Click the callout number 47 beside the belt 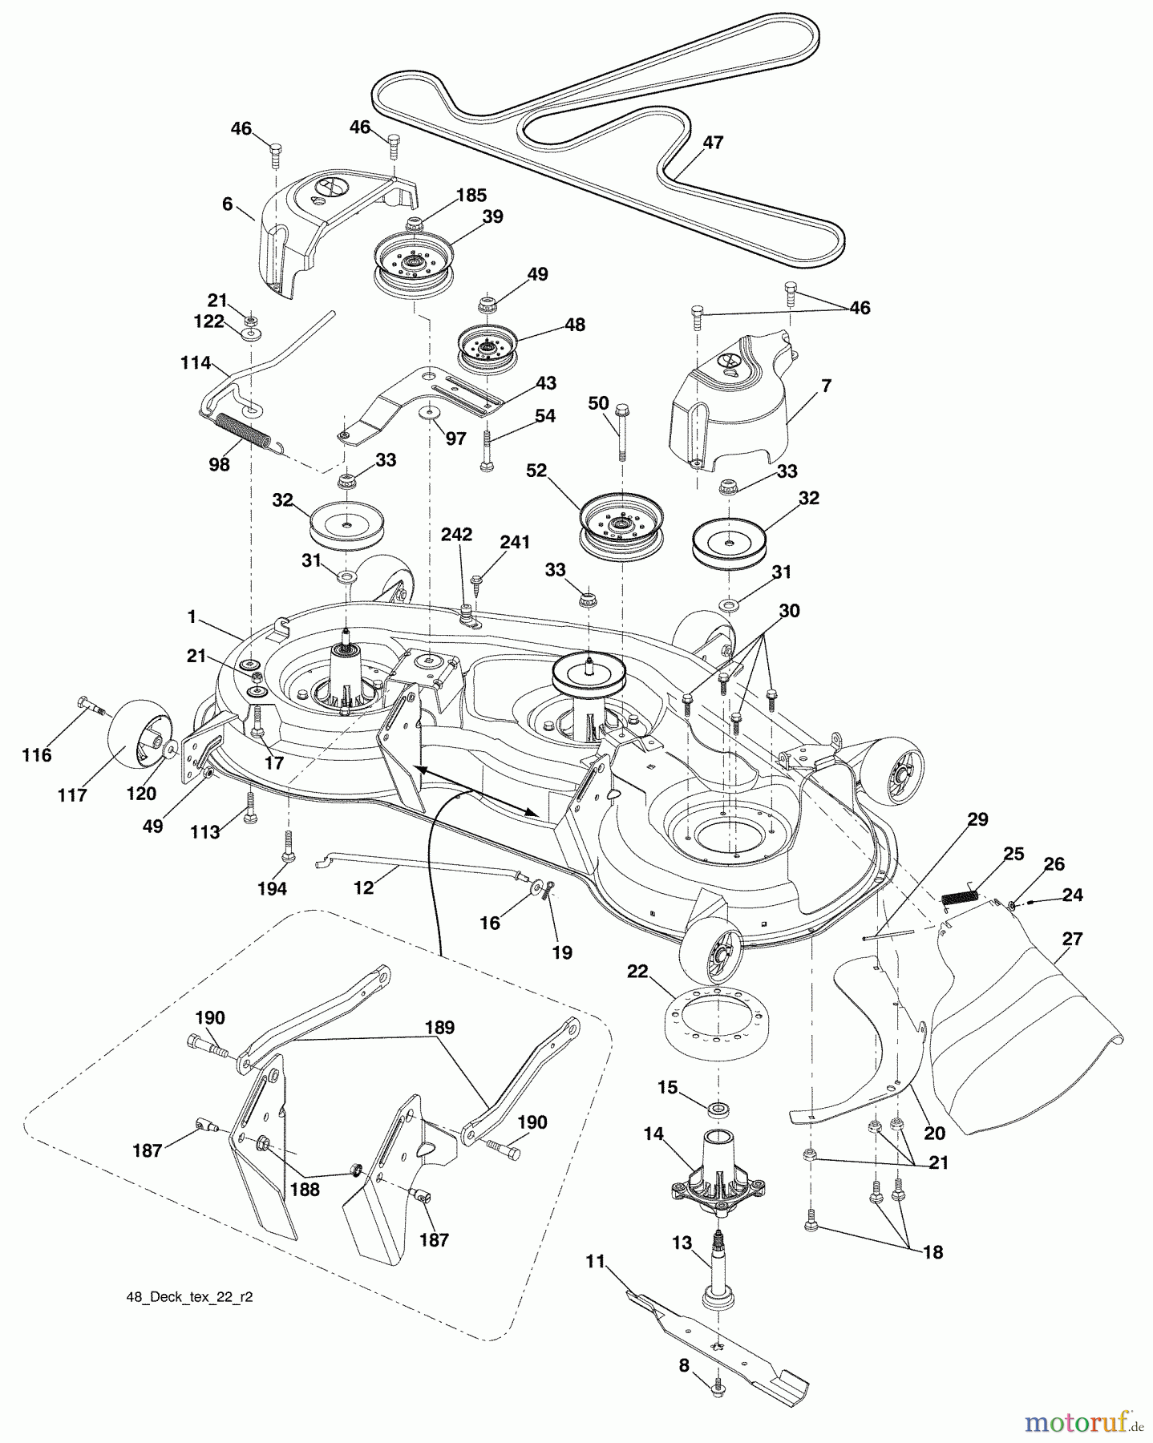pyautogui.click(x=713, y=143)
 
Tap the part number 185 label pyautogui.click(x=471, y=195)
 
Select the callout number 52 pyautogui.click(x=536, y=471)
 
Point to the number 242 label pyautogui.click(x=456, y=535)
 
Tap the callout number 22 pyautogui.click(x=637, y=972)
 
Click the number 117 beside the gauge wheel pyautogui.click(x=72, y=797)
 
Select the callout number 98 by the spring pyautogui.click(x=219, y=464)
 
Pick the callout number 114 pyautogui.click(x=196, y=363)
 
